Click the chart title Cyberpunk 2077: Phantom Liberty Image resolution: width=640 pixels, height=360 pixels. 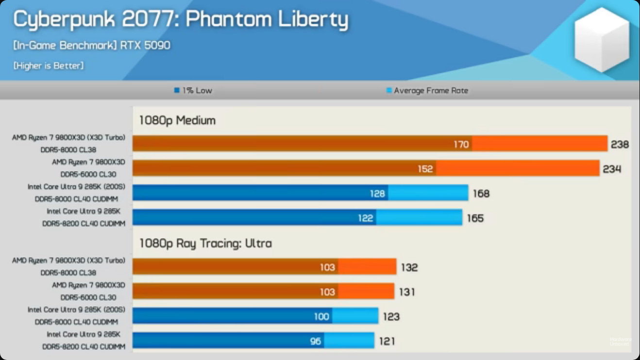181,20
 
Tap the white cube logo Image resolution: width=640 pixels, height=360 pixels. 602,39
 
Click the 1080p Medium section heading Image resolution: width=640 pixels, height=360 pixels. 177,120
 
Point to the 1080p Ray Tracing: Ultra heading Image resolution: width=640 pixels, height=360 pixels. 205,243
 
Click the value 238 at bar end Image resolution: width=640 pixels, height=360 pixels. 620,144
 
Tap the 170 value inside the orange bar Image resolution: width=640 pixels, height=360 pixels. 461,144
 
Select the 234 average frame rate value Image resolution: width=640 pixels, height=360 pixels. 612,169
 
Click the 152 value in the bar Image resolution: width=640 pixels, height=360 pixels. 425,169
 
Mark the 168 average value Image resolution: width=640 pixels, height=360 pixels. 481,194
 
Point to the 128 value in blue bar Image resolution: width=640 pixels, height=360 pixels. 377,194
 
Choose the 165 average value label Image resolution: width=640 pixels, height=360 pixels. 475,219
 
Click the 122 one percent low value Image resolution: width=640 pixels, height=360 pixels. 365,219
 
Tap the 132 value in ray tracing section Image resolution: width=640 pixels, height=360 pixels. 409,268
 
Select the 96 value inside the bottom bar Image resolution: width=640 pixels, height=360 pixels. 316,342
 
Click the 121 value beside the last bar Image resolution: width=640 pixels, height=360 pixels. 387,342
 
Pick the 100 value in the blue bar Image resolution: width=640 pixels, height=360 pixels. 321,317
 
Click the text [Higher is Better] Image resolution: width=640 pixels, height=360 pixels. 49,66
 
